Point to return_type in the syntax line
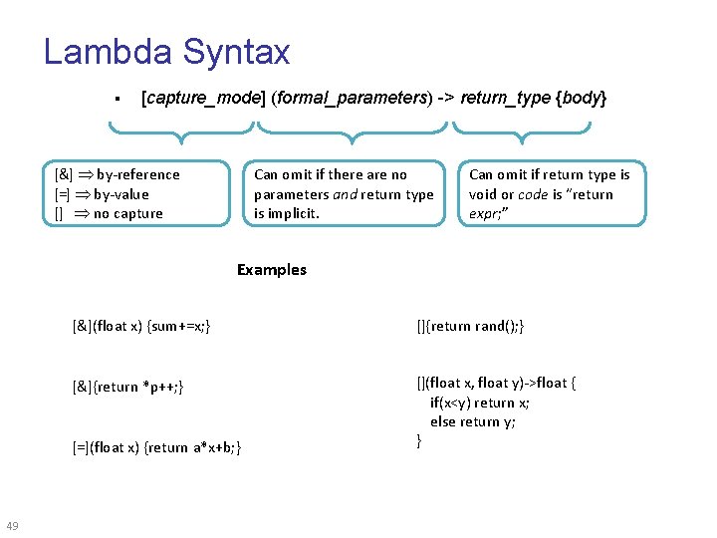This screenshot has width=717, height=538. tap(505, 99)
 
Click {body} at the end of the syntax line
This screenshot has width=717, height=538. tap(582, 99)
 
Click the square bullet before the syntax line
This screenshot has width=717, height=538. tap(118, 100)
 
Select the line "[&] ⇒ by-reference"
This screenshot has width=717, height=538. tap(119, 174)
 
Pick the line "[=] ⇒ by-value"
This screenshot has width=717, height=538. tap(104, 194)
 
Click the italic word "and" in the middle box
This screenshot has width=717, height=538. tap(346, 194)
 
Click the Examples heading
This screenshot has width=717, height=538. tap(272, 269)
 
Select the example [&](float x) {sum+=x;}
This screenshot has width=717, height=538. tap(141, 326)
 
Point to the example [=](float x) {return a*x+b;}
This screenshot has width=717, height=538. tap(156, 447)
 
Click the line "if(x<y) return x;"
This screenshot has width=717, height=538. tap(480, 403)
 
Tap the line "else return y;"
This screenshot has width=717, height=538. tap(473, 421)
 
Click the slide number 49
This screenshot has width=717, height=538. tap(13, 526)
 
